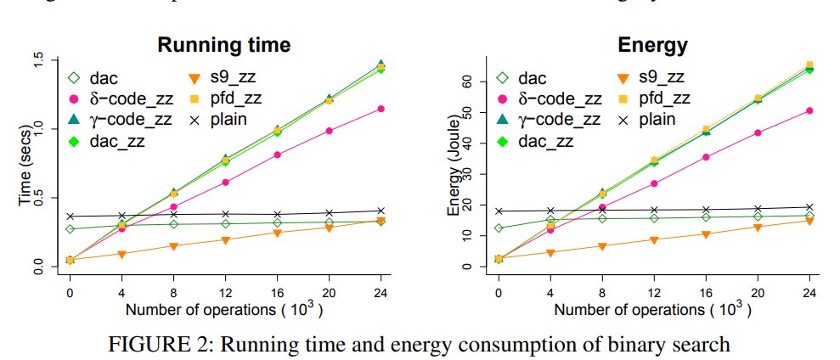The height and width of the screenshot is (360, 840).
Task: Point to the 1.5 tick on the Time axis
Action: coord(37,60)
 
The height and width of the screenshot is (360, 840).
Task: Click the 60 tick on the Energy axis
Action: coord(465,82)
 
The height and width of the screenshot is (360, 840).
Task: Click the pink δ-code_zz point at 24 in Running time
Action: coord(381,109)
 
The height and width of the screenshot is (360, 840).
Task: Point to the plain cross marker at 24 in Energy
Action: coord(809,207)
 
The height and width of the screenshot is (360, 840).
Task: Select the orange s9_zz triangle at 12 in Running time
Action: coord(226,239)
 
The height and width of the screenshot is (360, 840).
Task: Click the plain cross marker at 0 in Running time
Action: coord(70,217)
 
